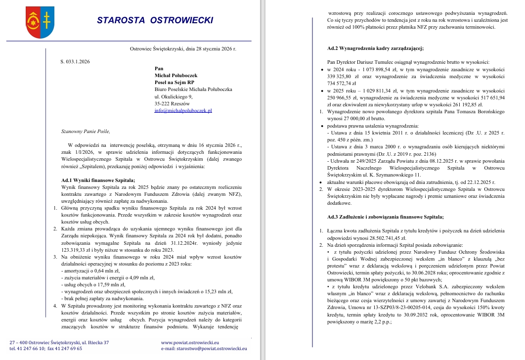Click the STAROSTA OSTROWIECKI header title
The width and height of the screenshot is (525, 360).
tap(155, 20)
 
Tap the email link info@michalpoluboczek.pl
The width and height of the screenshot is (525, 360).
tap(183, 111)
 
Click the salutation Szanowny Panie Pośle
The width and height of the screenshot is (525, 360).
tap(83, 131)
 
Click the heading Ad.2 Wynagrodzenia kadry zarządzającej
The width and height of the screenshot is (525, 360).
tap(376, 48)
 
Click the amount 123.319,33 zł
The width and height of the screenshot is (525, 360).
tap(79, 250)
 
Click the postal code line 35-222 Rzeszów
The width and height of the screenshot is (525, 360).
tap(172, 104)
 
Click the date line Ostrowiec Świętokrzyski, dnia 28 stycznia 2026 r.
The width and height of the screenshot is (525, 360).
tap(183, 49)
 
